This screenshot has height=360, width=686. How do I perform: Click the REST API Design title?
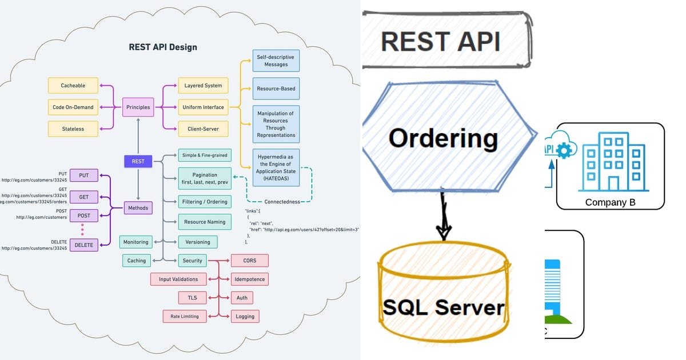coord(163,47)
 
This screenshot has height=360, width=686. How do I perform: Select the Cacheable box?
coord(73,86)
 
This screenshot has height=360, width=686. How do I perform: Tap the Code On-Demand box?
coord(73,107)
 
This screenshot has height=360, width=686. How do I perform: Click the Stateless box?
coord(73,129)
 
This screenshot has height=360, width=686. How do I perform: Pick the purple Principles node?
coord(138,107)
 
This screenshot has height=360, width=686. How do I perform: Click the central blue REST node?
coord(138,161)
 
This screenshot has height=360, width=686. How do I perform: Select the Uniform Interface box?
coord(203,107)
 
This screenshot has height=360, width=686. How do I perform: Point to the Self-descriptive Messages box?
coord(276,61)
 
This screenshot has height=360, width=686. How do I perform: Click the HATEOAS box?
coord(276,167)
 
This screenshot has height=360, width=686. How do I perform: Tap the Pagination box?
coord(205,178)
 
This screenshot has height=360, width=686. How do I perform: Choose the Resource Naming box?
coord(205,222)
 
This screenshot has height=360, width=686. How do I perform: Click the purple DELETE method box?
coord(83,245)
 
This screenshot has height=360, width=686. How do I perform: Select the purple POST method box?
coord(83,216)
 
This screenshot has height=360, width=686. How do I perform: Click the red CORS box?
coord(249,261)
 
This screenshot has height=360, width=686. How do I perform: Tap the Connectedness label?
coord(282,202)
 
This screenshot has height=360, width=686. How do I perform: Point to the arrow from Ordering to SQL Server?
coord(443,217)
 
